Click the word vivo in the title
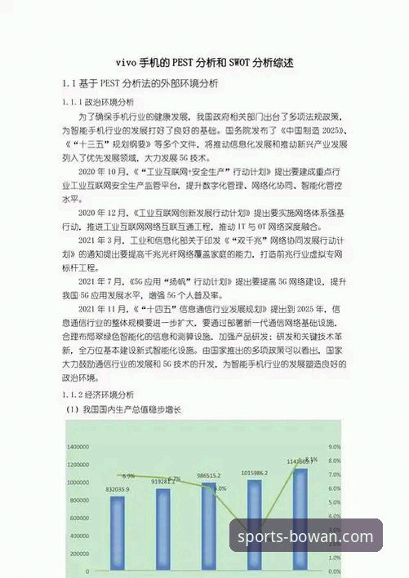(x=128, y=62)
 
